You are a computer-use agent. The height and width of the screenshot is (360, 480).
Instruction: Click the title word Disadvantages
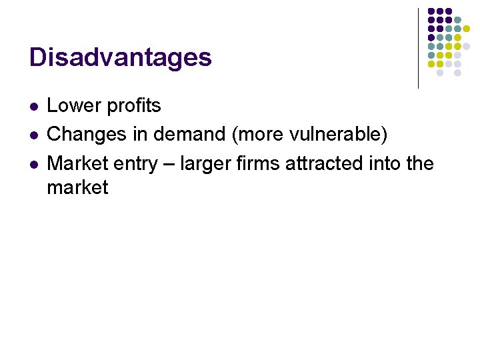(121, 57)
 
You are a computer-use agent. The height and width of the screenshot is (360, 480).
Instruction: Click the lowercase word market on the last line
(77, 187)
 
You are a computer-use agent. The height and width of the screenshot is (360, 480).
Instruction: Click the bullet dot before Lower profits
(33, 106)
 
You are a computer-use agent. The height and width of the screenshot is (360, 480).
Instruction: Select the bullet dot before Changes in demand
(33, 135)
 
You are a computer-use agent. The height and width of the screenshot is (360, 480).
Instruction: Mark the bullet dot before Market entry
(33, 163)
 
